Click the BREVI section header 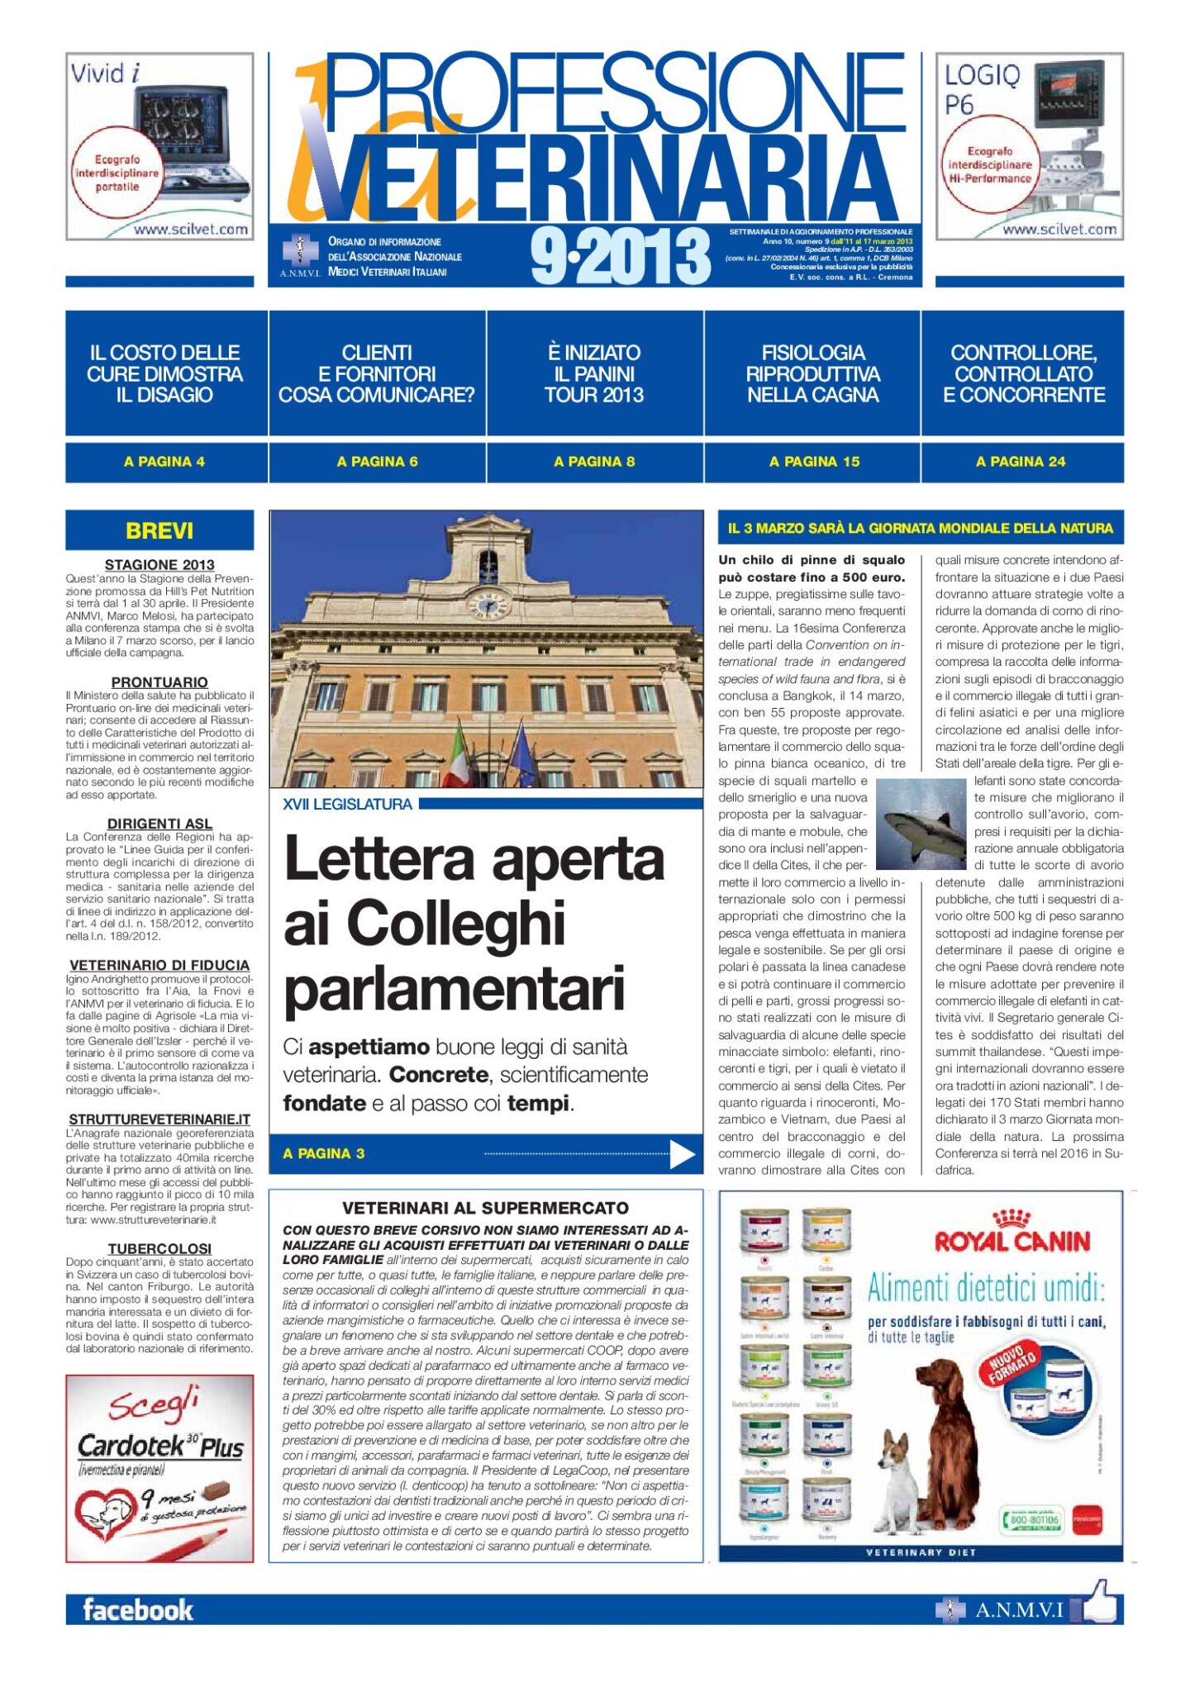coord(159,530)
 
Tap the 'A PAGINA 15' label coord(814,462)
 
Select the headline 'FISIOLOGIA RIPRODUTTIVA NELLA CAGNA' coord(812,373)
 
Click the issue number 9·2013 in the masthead coord(621,257)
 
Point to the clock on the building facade coord(488,605)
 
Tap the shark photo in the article coord(920,823)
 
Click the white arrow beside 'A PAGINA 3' coord(682,1154)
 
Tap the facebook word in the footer coord(138,1609)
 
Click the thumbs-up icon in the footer coord(1098,1604)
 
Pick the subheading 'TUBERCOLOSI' coord(159,1248)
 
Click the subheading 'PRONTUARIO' coord(159,682)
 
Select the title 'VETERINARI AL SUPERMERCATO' coord(485,1208)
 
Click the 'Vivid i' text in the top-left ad coord(105,74)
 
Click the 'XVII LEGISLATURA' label coord(347,804)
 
